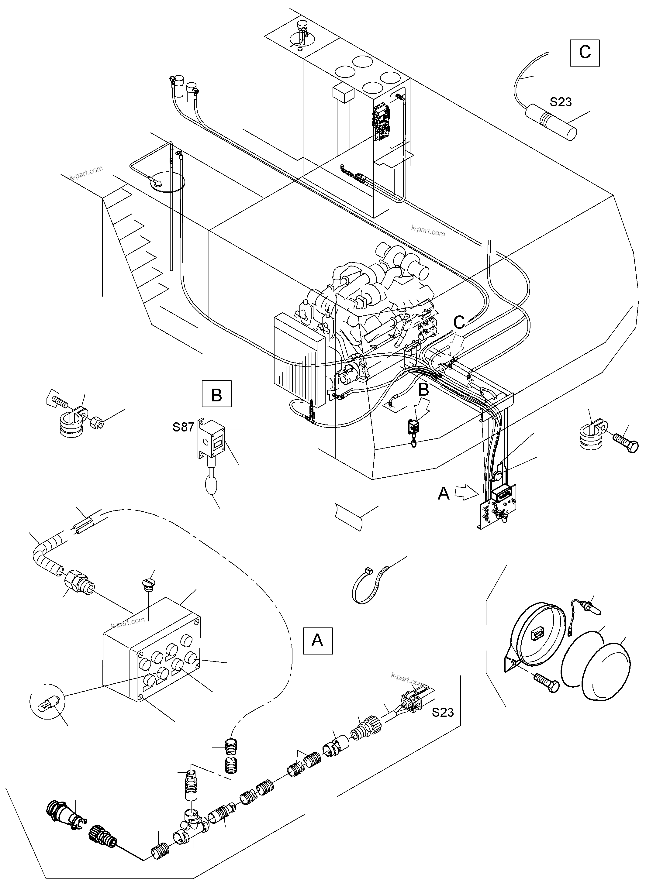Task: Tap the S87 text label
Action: [183, 427]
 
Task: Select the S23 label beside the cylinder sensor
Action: [560, 102]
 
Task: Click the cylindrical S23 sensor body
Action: [551, 122]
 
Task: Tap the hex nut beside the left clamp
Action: [97, 423]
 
